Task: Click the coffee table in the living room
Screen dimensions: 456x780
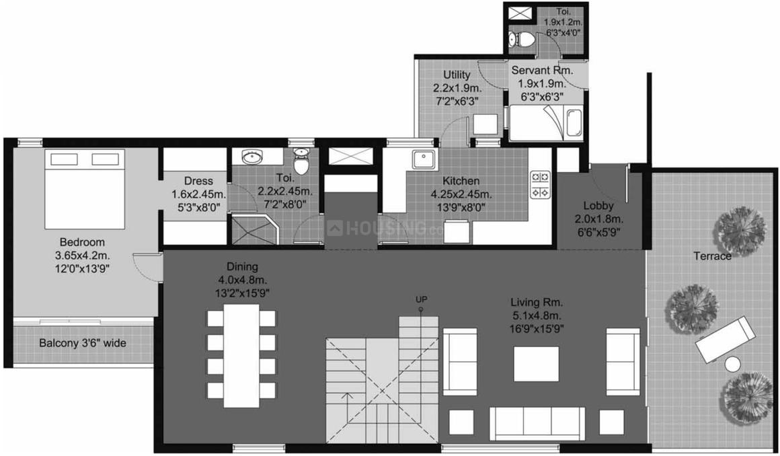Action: click(x=536, y=363)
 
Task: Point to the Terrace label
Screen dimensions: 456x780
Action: click(x=713, y=256)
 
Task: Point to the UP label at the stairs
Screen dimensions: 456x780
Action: click(x=422, y=299)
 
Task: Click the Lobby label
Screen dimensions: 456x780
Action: click(x=598, y=206)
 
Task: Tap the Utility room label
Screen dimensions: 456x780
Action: click(x=457, y=75)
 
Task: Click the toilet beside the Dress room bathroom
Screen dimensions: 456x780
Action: click(x=302, y=161)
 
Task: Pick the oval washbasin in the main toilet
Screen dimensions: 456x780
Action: click(x=252, y=157)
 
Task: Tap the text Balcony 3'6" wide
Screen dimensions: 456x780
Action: click(x=82, y=343)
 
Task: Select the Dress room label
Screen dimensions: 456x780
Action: click(x=198, y=181)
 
